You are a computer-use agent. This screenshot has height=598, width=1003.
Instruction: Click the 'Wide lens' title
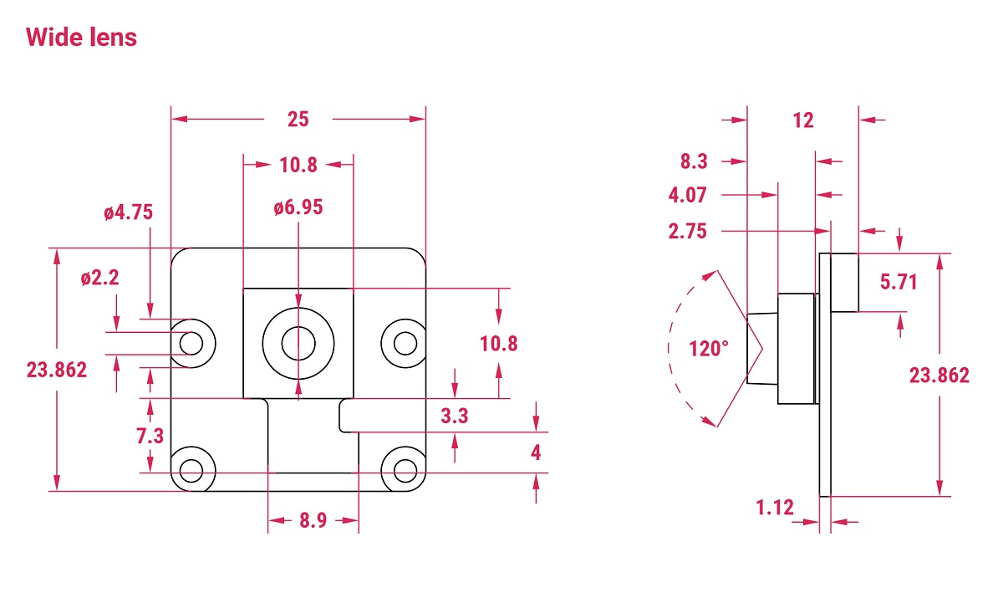click(x=81, y=37)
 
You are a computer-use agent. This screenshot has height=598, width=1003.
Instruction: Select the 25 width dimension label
click(x=298, y=120)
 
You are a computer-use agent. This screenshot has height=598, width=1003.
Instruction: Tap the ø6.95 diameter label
click(x=298, y=207)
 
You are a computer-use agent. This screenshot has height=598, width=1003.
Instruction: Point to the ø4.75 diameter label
click(x=129, y=212)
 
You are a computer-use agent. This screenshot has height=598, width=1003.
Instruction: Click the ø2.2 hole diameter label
click(x=100, y=279)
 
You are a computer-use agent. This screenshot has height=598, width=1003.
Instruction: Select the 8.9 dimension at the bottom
click(x=313, y=521)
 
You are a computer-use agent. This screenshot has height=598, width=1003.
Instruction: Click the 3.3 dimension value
click(x=454, y=416)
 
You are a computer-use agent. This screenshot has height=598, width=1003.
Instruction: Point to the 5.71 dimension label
click(x=899, y=283)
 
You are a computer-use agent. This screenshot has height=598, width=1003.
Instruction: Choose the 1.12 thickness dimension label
click(x=775, y=507)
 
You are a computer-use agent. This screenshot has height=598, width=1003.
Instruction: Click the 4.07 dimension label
click(x=687, y=196)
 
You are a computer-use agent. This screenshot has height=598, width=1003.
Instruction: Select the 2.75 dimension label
click(x=687, y=232)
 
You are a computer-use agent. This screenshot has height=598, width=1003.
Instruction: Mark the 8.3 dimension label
click(x=694, y=161)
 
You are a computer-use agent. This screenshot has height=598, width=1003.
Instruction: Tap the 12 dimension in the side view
click(x=802, y=120)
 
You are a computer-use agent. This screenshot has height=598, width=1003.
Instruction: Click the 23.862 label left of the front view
click(x=57, y=370)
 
